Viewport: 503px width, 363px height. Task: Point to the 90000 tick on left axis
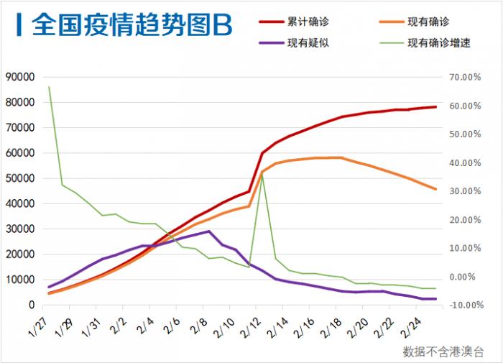[x=20, y=77]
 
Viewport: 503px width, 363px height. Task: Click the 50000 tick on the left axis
[x=20, y=178]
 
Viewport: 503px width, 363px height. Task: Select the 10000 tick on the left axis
[x=20, y=280]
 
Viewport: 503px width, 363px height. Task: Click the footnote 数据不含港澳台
[x=443, y=351]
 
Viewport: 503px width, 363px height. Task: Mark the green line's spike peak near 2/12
[x=262, y=175]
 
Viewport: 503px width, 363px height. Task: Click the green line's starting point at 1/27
[x=49, y=87]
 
